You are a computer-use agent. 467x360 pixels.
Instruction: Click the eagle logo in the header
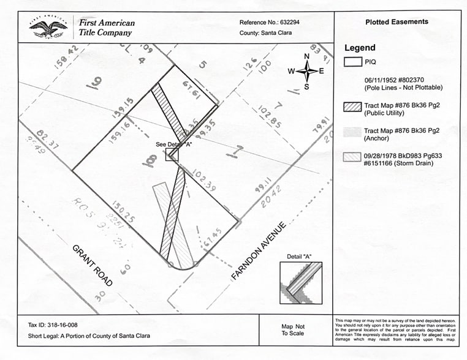point(48,27)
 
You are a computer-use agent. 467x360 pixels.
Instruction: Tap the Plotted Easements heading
point(397,22)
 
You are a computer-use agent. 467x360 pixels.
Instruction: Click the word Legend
point(360,48)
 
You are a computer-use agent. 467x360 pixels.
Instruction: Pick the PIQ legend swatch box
point(352,61)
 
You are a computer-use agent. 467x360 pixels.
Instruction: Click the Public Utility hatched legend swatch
point(352,107)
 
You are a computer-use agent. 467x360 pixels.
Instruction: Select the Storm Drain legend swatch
point(352,156)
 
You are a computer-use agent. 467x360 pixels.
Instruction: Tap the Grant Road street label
point(93,265)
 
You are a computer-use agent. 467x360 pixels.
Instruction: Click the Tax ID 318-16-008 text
point(53,324)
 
